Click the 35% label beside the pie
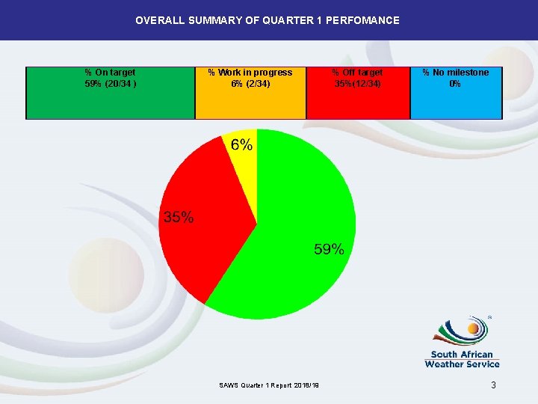(179, 218)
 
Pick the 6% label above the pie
(241, 144)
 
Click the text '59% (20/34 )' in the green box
(111, 84)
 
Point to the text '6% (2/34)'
(250, 84)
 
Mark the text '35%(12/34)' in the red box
(358, 84)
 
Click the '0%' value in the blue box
(455, 84)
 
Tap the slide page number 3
(493, 385)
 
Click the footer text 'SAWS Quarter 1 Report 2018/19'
(269, 385)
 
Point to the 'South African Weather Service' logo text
(462, 359)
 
